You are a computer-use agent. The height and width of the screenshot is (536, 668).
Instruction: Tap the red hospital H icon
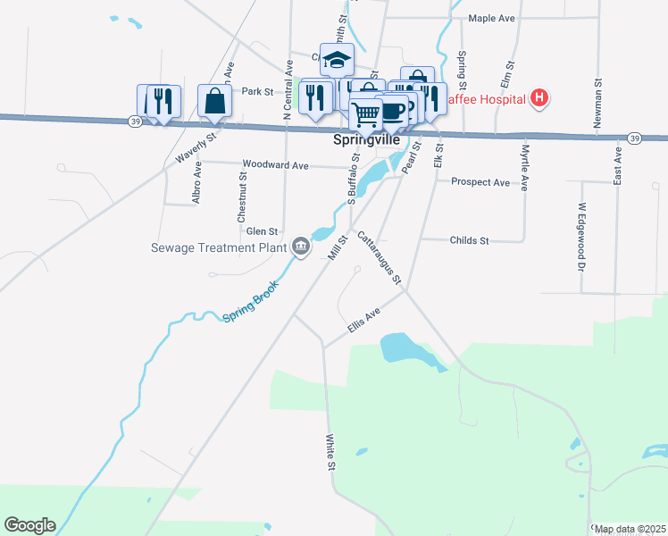click(539, 98)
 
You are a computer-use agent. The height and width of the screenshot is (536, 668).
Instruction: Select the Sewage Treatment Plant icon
click(300, 246)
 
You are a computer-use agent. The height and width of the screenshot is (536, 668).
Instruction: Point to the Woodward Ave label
click(275, 165)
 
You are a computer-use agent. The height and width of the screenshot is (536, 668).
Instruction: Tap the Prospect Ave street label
click(480, 182)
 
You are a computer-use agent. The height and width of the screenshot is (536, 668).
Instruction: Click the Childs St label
click(469, 240)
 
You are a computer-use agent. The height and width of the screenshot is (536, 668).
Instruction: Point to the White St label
click(330, 454)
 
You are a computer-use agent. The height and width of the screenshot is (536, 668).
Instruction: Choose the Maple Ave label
click(492, 18)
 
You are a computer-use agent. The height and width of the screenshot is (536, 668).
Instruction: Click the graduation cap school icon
click(337, 59)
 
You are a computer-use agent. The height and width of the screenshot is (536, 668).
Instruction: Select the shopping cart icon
click(365, 114)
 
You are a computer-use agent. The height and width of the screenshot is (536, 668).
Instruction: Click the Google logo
click(29, 525)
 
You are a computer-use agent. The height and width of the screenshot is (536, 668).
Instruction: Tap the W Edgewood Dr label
click(580, 236)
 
